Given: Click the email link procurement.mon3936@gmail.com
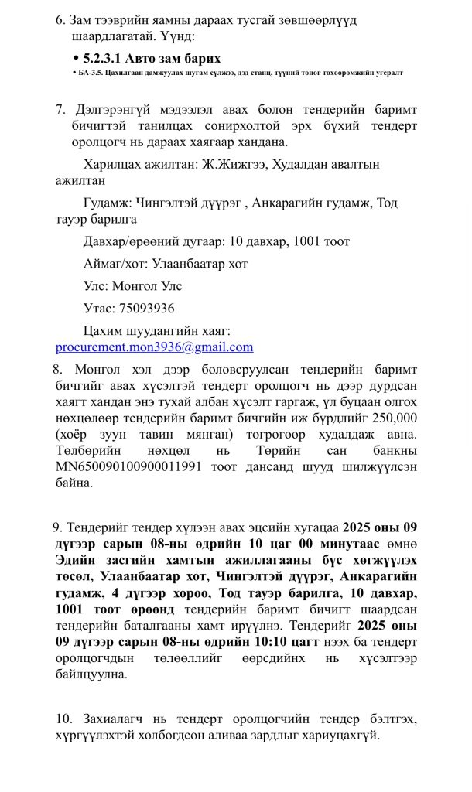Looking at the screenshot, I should [154, 347].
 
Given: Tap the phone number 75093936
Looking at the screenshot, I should [146, 308].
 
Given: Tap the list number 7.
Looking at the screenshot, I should [60, 109].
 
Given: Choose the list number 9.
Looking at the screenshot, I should [58, 528].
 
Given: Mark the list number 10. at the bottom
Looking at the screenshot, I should [64, 719].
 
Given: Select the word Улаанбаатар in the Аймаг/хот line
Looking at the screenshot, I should [186, 264].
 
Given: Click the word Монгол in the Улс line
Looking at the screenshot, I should [135, 285].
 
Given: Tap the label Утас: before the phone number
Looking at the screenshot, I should [99, 308].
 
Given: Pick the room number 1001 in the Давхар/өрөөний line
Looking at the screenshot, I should [307, 242].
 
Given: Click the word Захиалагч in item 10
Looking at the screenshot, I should [113, 719].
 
